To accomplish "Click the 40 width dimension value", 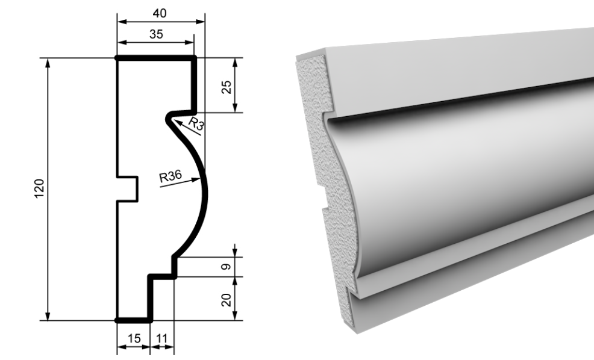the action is tap(160, 13).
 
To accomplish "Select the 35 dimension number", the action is tap(156, 34).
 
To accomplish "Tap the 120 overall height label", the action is tap(39, 188).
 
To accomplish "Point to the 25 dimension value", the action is tap(226, 87).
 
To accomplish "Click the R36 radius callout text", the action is tap(170, 176).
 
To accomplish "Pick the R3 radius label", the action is tap(196, 123).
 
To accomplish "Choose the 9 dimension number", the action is tap(226, 267).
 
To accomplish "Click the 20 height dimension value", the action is tap(226, 300).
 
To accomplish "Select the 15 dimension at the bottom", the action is tap(134, 338).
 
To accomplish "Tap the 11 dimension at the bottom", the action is tap(162, 338).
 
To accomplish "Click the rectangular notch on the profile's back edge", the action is tap(127, 189).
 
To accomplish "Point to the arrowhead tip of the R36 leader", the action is tap(199, 179).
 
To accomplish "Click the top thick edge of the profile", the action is tap(155, 58).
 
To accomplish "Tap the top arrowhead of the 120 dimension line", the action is tap(48, 59).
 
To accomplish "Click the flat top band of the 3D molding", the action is tap(455, 76).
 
